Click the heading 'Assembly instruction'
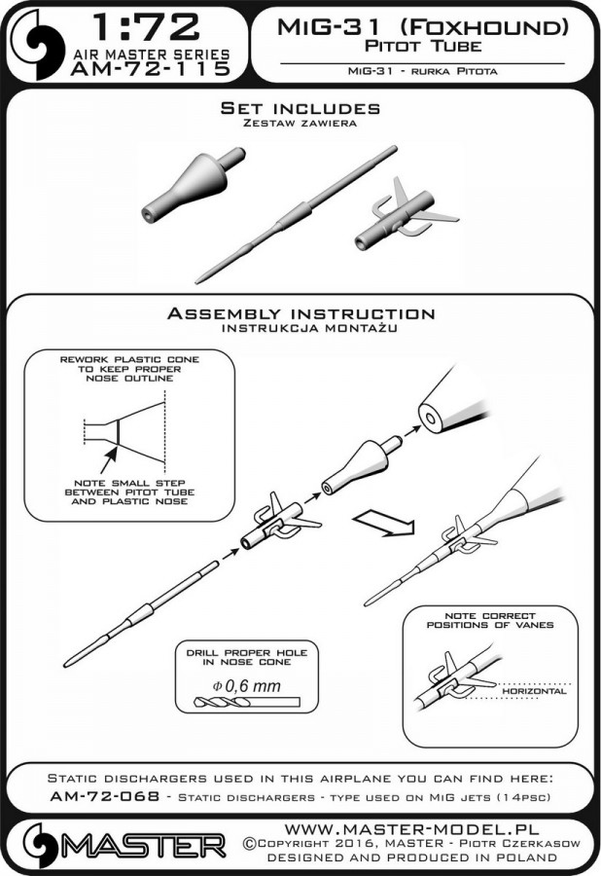300,314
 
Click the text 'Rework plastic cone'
129,359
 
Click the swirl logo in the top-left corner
36,45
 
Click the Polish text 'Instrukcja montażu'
300,329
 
